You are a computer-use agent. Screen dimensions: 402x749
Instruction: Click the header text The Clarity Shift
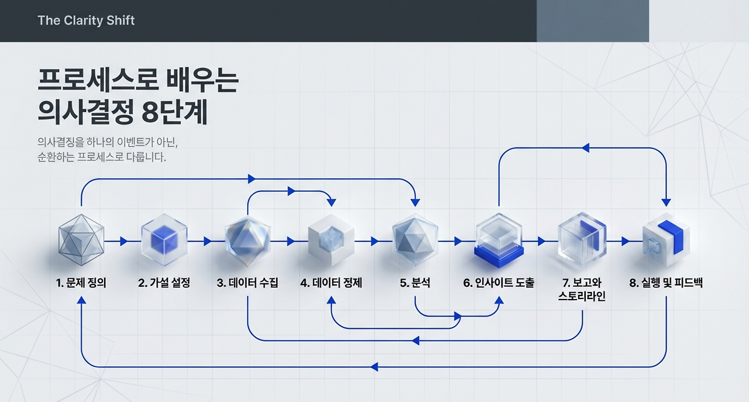[86, 20]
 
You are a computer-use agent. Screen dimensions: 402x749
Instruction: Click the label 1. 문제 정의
[81, 283]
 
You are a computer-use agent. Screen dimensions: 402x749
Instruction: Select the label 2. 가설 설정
[164, 283]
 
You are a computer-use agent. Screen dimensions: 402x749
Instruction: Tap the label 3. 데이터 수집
[248, 283]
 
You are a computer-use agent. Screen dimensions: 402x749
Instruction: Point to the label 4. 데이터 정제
[331, 283]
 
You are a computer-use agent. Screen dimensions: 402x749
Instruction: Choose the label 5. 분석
[415, 283]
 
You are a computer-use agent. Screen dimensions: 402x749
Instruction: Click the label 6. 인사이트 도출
[499, 283]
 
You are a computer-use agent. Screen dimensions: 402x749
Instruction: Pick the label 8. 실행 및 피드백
[666, 283]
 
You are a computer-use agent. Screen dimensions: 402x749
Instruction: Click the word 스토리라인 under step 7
[582, 297]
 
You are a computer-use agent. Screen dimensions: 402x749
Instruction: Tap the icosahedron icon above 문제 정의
[81, 240]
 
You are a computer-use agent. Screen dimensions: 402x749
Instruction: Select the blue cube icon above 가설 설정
[164, 240]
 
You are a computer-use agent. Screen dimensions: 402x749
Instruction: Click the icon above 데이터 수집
[248, 239]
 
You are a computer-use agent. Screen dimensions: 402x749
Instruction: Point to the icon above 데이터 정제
[331, 240]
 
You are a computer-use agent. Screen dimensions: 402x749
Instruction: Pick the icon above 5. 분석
[415, 239]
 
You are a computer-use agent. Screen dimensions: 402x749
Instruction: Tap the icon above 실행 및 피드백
[665, 240]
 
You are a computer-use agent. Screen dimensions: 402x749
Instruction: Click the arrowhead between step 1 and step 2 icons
[123, 241]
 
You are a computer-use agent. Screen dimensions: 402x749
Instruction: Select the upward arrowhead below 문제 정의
[81, 300]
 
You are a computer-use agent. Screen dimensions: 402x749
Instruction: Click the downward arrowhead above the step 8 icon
[666, 202]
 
